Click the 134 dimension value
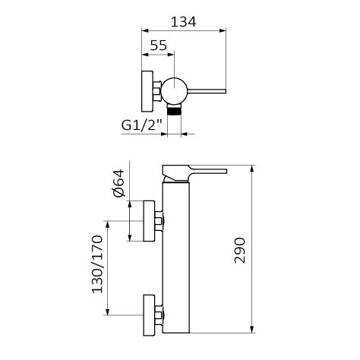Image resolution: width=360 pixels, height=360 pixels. (x=184, y=22)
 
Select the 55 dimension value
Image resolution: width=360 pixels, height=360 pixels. (x=159, y=46)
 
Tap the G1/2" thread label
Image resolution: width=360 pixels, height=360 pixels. (x=141, y=125)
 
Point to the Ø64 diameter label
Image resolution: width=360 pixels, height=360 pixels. (x=119, y=183)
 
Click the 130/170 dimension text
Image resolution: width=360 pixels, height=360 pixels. (x=97, y=264)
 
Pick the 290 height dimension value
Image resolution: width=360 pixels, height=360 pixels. (x=240, y=251)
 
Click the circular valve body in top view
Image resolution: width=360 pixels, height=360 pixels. (x=175, y=90)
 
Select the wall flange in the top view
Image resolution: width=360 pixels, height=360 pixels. (x=147, y=91)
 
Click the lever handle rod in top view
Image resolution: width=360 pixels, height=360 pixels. (x=207, y=91)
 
